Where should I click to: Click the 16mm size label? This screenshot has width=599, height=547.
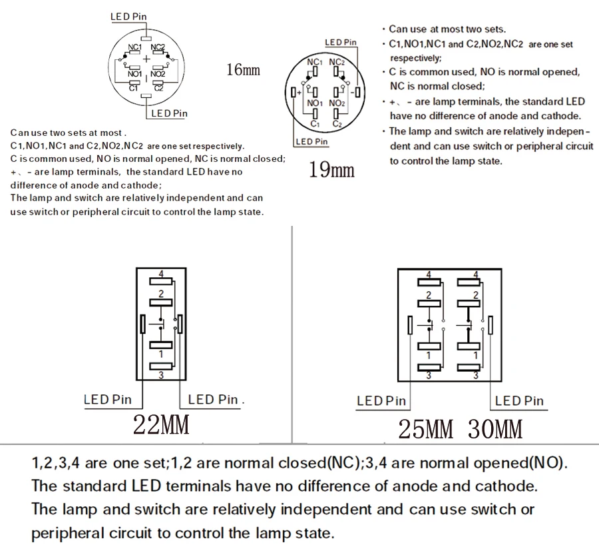pyautogui.click(x=243, y=69)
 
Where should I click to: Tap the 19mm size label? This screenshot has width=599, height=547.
pyautogui.click(x=331, y=170)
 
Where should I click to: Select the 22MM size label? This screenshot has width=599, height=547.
pyautogui.click(x=161, y=424)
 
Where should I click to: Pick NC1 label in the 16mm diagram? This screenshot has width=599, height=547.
pyautogui.click(x=134, y=47)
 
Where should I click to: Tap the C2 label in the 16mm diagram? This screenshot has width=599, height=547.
pyautogui.click(x=158, y=88)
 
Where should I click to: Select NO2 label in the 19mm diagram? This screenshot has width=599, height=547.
pyautogui.click(x=336, y=103)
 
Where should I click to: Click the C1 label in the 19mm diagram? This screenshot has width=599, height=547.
pyautogui.click(x=315, y=124)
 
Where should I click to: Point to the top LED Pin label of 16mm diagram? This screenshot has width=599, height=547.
pyautogui.click(x=128, y=17)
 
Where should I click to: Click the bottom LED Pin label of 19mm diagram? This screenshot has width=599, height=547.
pyautogui.click(x=312, y=141)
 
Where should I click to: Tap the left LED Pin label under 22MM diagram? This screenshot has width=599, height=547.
pyautogui.click(x=108, y=400)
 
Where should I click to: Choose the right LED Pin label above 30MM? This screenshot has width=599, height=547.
pyautogui.click(x=519, y=400)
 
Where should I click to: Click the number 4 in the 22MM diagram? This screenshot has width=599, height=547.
pyautogui.click(x=161, y=273)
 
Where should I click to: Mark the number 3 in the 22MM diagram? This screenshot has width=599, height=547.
pyautogui.click(x=161, y=375)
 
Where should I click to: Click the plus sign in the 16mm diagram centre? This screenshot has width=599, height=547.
pyautogui.click(x=146, y=59)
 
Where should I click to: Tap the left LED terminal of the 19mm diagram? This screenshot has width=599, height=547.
pyautogui.click(x=294, y=92)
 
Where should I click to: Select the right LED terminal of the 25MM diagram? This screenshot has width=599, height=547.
pyautogui.click(x=491, y=325)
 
